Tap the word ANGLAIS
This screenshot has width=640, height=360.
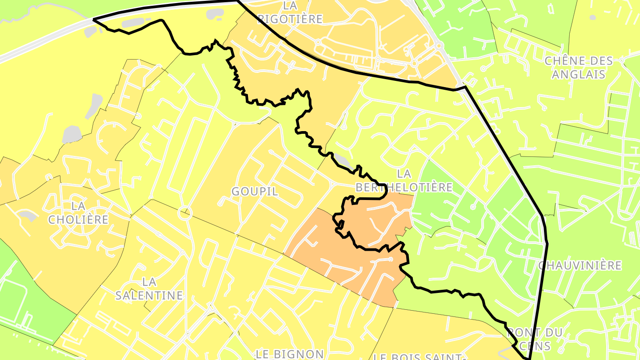tap(579, 74)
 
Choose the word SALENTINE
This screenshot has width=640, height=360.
tap(149, 295)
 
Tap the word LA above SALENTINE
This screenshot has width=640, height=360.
tap(149, 282)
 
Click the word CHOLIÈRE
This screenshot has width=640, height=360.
tap(78, 220)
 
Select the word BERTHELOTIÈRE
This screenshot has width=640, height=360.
tap(404, 188)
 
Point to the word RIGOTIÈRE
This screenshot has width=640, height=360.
tap(290, 19)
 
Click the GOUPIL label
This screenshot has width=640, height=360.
tap(255, 192)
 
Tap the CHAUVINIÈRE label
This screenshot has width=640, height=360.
tap(580, 265)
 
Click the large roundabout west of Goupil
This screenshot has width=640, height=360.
tap(185, 214)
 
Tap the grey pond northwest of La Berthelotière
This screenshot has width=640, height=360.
tap(342, 159)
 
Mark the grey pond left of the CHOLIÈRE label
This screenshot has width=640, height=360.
tap(28, 216)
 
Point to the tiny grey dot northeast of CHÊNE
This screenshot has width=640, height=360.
tap(592, 17)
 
